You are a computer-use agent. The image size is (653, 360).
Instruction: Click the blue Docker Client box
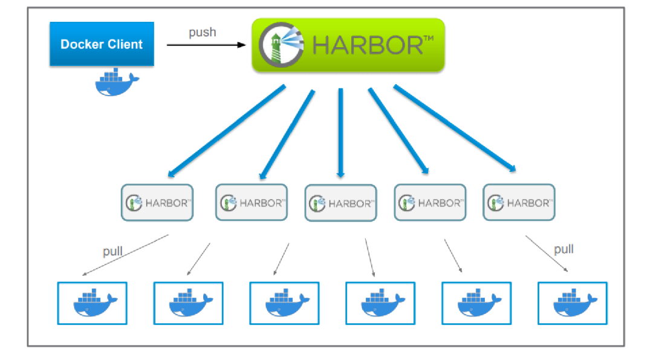point(102,44)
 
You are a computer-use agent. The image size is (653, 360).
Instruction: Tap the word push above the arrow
point(202,32)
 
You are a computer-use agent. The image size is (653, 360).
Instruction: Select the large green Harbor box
point(348,45)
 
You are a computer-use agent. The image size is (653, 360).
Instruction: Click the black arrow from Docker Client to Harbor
point(206,45)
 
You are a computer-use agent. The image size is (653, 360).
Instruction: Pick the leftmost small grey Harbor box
point(157,202)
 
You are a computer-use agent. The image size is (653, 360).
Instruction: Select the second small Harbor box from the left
point(251,202)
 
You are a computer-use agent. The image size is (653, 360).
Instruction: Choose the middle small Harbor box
point(340,203)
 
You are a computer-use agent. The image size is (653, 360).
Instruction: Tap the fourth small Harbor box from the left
point(430,202)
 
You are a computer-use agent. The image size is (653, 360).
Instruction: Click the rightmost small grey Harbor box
point(519,202)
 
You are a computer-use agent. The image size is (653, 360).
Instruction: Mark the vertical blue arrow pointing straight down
point(340,133)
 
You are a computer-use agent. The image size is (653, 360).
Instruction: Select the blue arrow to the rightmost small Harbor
point(455,129)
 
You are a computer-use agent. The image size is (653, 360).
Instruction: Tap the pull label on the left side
point(112,251)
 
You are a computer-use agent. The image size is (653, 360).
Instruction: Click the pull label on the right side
point(564,249)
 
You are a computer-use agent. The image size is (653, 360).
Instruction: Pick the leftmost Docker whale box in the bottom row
point(92,303)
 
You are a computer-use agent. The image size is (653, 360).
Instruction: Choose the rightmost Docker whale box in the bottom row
point(572,303)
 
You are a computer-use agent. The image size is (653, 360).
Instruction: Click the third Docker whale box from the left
point(284,303)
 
